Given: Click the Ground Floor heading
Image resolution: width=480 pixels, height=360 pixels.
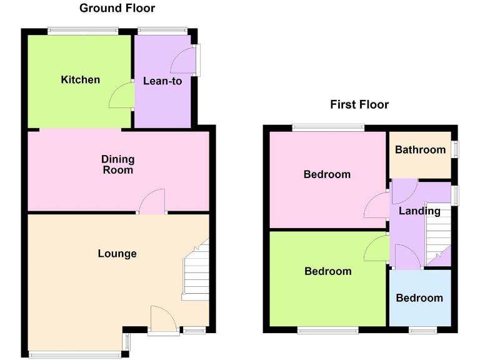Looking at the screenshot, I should (x=117, y=8).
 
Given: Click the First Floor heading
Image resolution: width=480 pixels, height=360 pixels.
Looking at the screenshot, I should (x=359, y=104).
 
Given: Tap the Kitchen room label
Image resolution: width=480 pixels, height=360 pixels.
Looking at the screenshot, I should (x=80, y=79).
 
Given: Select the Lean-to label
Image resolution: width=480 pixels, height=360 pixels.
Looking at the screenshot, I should (x=162, y=81).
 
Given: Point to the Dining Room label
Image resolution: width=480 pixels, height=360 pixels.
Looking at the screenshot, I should (x=117, y=165).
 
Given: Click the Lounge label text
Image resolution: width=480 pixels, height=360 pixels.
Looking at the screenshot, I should (x=117, y=253).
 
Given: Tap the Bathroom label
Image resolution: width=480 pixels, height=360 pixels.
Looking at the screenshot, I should (x=420, y=149).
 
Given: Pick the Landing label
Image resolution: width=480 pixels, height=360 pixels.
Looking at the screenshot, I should (x=419, y=211).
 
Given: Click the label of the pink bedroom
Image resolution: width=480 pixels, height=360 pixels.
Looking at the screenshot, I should (x=327, y=174).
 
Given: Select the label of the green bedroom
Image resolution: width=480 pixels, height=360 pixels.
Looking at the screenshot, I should (x=327, y=271).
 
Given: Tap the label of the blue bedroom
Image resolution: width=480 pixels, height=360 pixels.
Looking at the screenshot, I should (x=419, y=297).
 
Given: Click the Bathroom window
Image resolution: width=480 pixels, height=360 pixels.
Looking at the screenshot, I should (x=455, y=149).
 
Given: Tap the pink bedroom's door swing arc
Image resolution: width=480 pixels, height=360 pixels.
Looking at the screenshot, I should (x=375, y=205).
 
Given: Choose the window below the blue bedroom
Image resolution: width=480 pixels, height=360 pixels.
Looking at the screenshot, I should (x=419, y=329).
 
